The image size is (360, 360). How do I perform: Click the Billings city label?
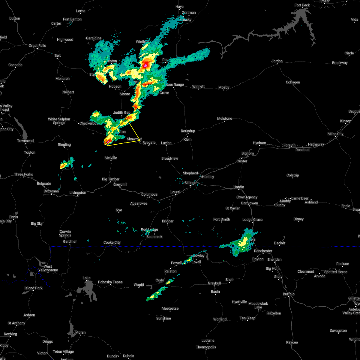pos(190,183)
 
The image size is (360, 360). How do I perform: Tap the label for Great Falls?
pos(37,46)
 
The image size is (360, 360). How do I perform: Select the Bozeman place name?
pos(51,191)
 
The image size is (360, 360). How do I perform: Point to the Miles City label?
pos(335,134)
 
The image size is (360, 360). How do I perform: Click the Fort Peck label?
pos(302,5)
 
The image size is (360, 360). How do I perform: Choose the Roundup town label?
pos(188,131)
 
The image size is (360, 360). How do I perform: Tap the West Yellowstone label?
pos(48,268)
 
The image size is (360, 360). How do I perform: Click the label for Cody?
pos(160,280)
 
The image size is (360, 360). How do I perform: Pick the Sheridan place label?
pos(274,259)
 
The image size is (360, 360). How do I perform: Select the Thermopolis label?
pos(206,347)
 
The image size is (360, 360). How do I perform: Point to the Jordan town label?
pos(277,61)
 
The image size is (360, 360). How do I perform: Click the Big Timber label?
pos(111,179)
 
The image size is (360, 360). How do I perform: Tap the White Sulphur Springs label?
pos(59,121)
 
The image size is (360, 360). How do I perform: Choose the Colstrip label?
pos(292,175)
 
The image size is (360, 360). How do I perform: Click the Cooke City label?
pos(112,242)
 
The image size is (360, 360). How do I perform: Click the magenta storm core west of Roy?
pos(145,64)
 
